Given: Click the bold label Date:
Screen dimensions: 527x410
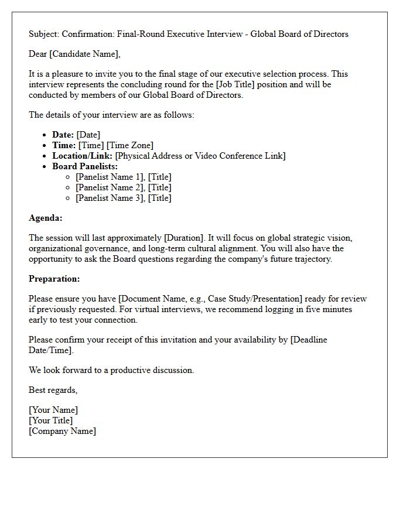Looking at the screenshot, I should [x=63, y=135].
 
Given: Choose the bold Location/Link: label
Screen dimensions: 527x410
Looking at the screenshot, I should [x=83, y=156].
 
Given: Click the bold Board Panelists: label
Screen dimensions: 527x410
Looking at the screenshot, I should [x=85, y=166].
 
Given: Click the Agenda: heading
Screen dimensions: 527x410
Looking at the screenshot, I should [x=46, y=218].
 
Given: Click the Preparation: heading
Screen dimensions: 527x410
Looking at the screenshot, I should [x=54, y=279].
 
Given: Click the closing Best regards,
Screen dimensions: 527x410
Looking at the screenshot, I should [x=53, y=390].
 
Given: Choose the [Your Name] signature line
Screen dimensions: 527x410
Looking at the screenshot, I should [x=53, y=410].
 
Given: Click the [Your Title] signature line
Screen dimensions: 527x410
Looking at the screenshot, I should [x=51, y=420].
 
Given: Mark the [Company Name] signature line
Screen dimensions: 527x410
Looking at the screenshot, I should [x=62, y=431].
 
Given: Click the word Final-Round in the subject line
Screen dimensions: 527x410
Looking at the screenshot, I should [x=141, y=34].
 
